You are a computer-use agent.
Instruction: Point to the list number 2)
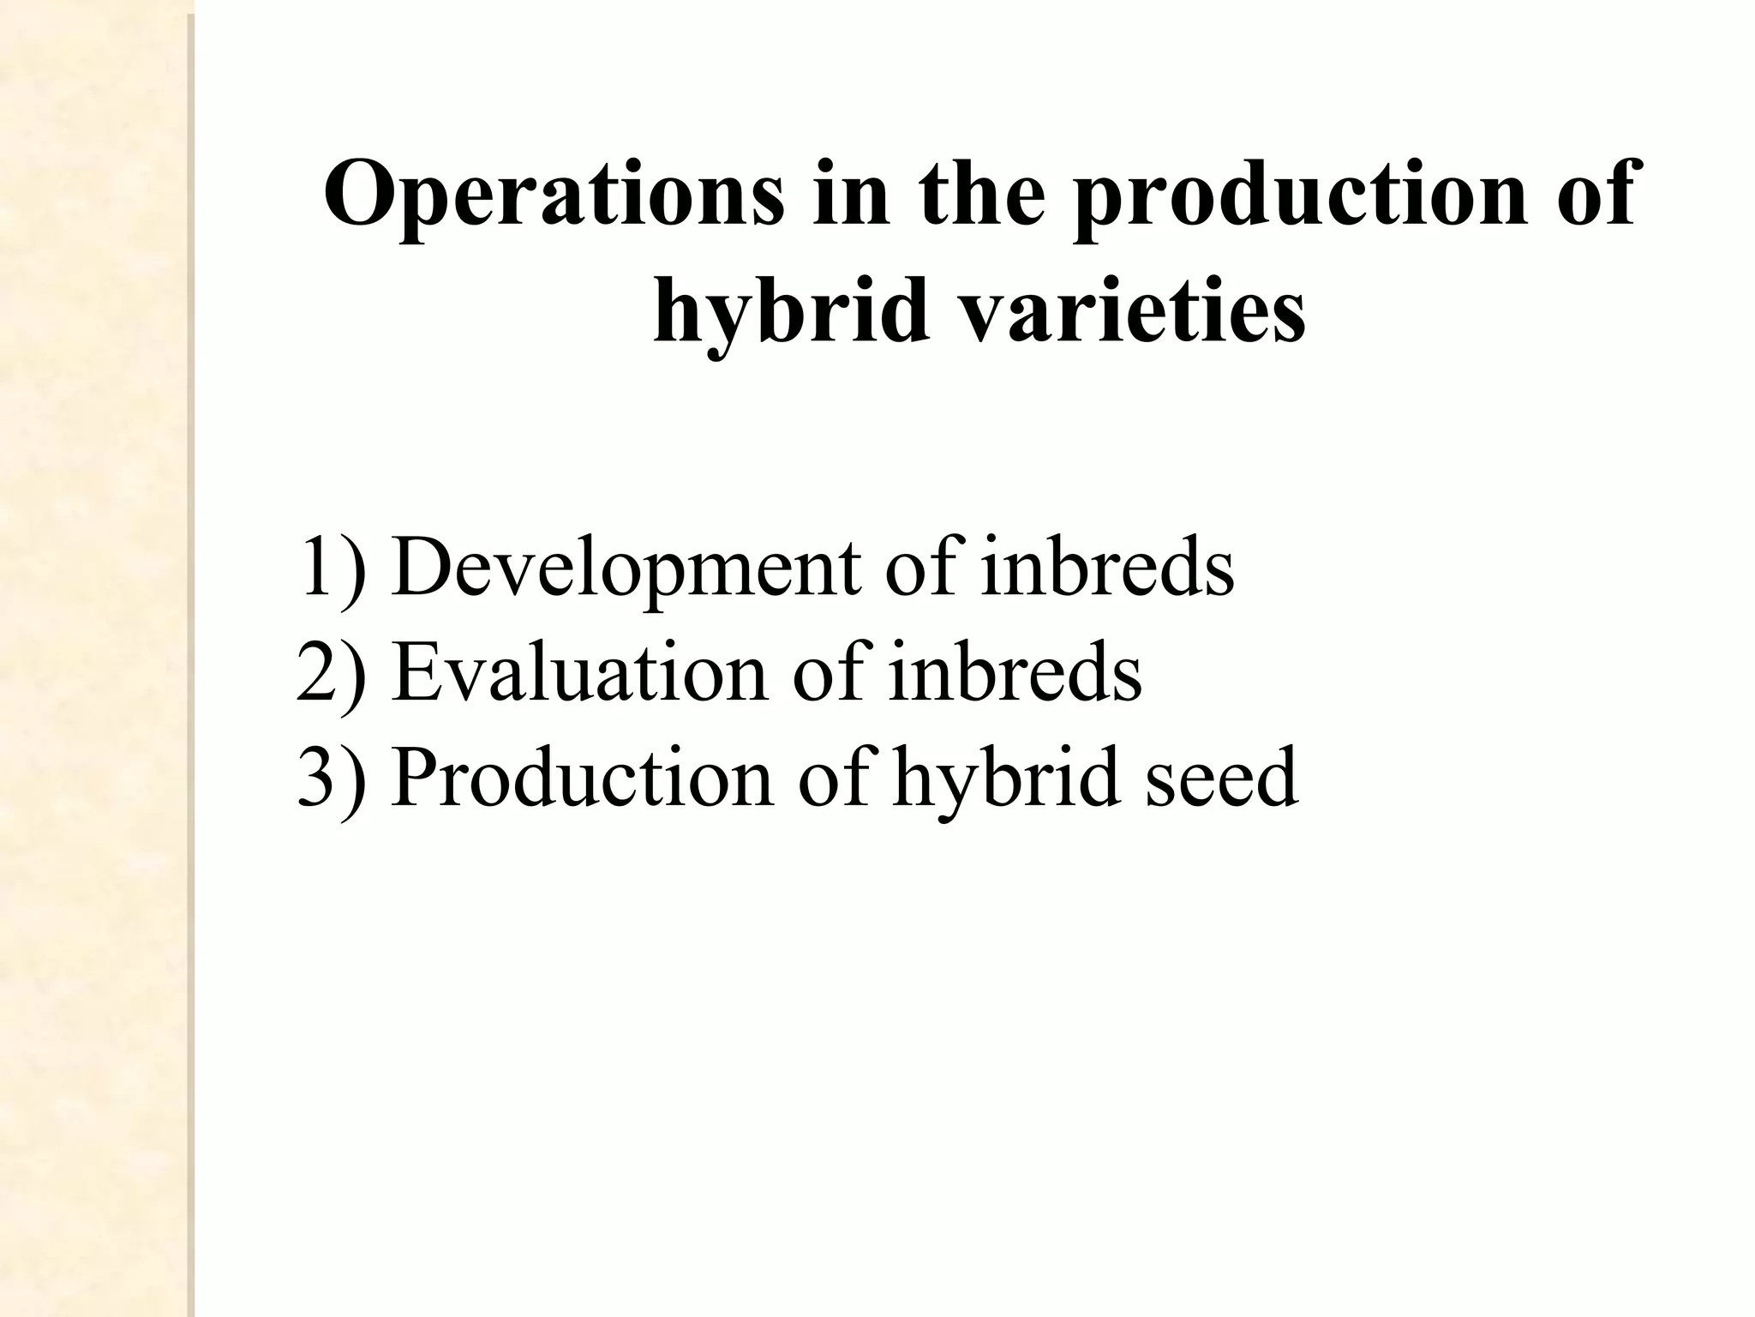(x=331, y=674)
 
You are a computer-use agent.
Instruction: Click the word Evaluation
(x=579, y=672)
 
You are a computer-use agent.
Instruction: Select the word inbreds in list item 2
(x=1015, y=672)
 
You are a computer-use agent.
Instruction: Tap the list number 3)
(x=331, y=779)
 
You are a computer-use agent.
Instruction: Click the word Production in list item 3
(x=582, y=777)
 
